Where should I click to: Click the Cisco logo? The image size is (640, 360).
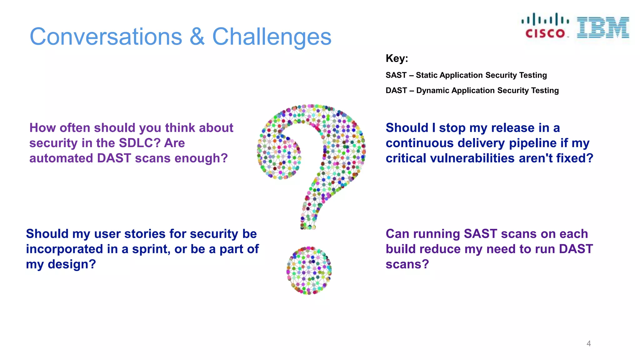545,26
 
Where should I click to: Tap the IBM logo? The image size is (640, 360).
603,27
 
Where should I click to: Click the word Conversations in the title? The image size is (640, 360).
106,37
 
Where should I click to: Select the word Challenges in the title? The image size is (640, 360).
272,37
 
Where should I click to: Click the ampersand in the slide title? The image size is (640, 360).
197,37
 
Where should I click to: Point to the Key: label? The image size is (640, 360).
397,58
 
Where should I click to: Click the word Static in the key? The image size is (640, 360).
426,75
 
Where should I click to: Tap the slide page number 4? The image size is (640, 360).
588,343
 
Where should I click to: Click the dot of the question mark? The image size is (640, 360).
309,271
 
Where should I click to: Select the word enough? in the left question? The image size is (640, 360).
201,158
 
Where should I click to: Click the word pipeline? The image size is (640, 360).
533,143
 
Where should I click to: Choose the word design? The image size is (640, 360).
72,265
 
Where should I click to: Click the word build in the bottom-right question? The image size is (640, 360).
401,249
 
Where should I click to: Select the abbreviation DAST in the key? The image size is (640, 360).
396,91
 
